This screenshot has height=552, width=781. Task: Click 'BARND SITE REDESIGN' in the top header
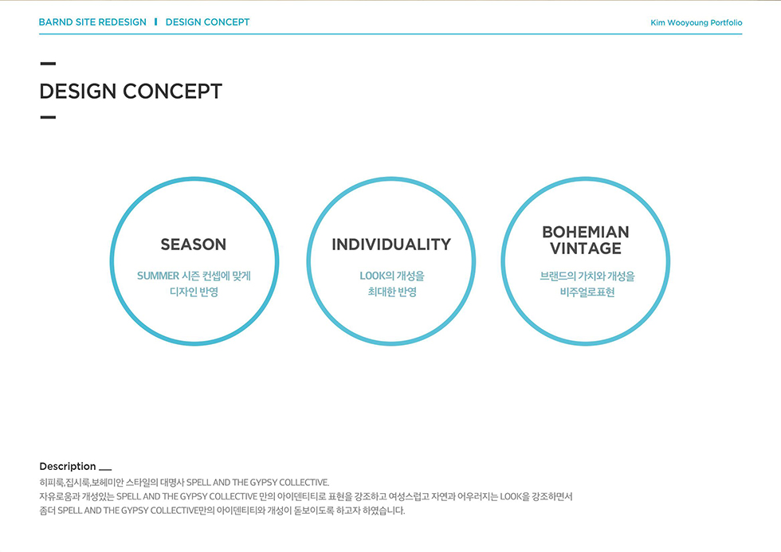click(92, 22)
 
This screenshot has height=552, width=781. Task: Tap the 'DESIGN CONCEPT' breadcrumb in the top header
click(208, 22)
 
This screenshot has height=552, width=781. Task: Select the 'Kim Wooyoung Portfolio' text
click(697, 23)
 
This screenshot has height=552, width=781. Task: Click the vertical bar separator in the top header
click(156, 22)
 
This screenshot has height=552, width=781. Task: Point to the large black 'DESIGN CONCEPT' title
click(131, 91)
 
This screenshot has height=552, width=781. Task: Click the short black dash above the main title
click(48, 64)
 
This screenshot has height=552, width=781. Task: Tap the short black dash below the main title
click(48, 117)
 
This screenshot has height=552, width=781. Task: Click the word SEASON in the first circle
click(193, 245)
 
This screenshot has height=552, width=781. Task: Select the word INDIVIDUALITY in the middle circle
click(391, 245)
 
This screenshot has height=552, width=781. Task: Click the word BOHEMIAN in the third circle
click(586, 232)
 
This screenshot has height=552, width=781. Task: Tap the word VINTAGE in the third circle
click(586, 249)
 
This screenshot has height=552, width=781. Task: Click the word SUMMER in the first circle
click(158, 276)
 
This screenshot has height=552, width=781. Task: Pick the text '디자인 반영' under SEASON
click(194, 292)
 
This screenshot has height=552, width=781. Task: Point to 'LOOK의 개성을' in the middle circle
click(392, 276)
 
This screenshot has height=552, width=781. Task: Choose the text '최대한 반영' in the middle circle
click(392, 292)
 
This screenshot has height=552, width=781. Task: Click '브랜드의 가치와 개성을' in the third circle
click(587, 276)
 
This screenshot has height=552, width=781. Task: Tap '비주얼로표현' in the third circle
click(587, 292)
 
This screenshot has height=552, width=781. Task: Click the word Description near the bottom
click(68, 467)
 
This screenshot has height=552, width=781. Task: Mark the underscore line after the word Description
click(105, 469)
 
